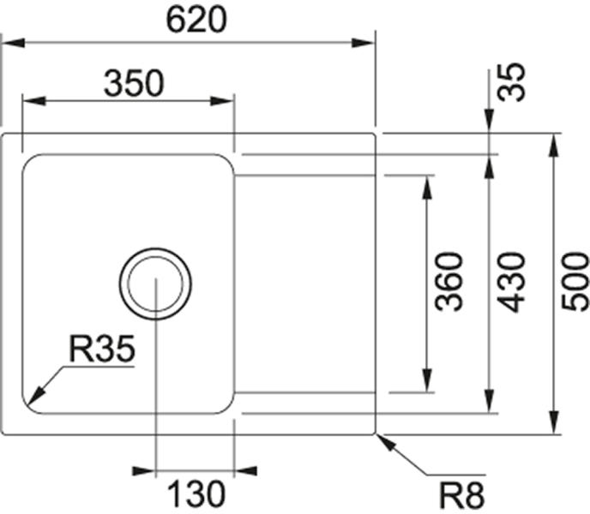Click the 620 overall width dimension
[x=196, y=20]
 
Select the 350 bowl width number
[x=134, y=83]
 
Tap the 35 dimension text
[x=510, y=82]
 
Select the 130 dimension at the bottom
[x=196, y=494]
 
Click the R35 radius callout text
[x=102, y=349]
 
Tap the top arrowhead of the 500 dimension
[x=553, y=145]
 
